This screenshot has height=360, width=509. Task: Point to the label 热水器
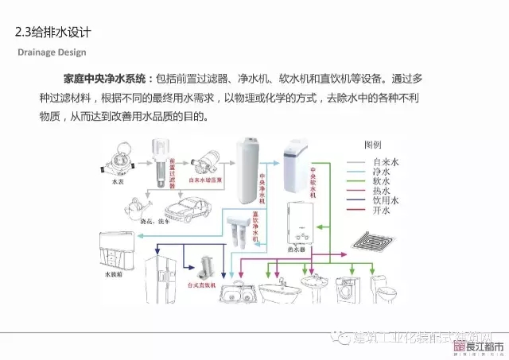pyautogui.click(x=297, y=248)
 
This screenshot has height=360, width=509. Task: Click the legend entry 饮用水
pyautogui.click(x=384, y=201)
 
